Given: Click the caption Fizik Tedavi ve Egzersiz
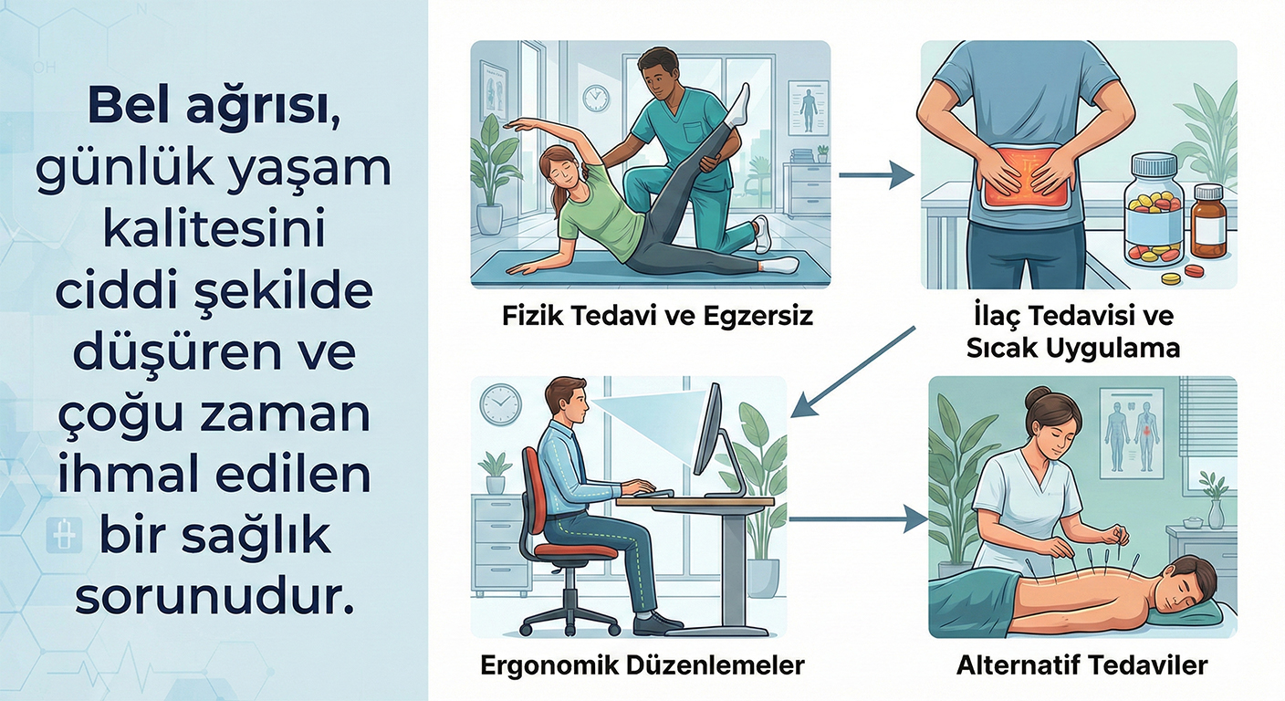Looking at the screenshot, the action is [x=657, y=316].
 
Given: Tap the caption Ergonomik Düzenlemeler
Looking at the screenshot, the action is [x=642, y=665].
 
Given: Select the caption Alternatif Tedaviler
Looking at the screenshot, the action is [x=1081, y=665].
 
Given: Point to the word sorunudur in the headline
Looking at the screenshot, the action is [x=214, y=599].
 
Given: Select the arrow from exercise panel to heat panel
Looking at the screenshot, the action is [x=876, y=174].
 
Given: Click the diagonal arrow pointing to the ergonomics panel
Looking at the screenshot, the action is [x=852, y=371].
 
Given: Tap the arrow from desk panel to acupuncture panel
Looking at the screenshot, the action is [x=858, y=519].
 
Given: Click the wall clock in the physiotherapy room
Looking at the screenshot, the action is [x=596, y=98].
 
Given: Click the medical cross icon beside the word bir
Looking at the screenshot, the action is [x=65, y=537].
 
